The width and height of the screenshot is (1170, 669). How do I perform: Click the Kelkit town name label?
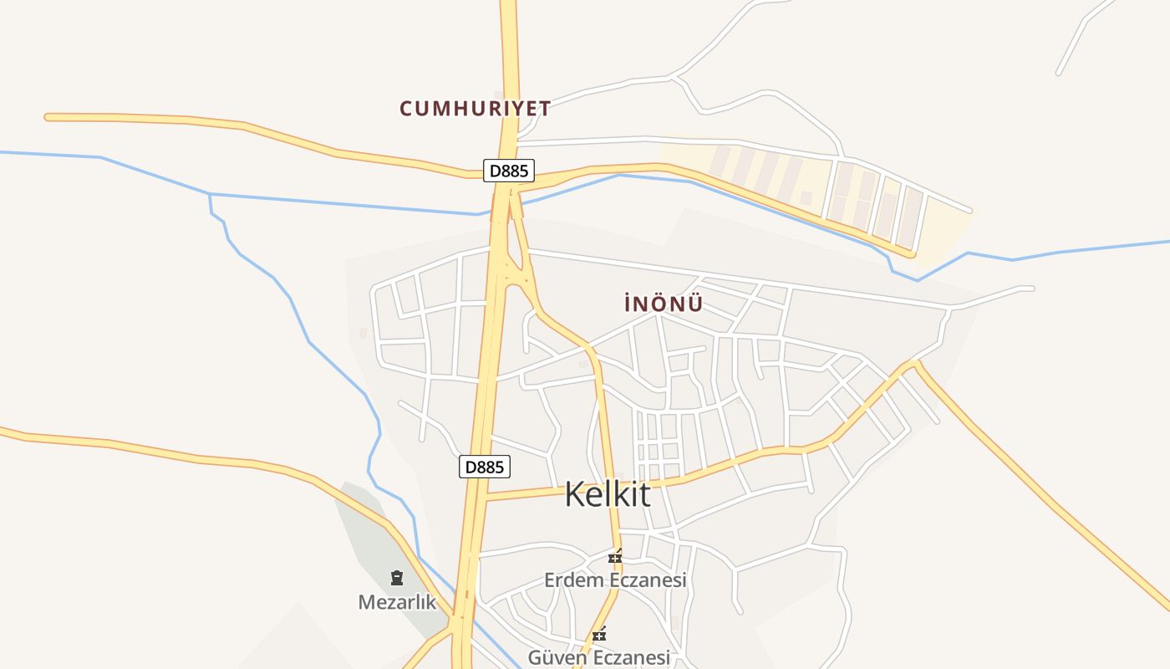point(608,494)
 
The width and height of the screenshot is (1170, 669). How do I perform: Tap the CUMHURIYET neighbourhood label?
point(475,109)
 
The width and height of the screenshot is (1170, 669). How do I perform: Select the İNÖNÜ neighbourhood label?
point(664,304)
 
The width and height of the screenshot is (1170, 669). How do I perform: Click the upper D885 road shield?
point(509,171)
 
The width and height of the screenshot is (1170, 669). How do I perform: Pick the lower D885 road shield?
point(485,467)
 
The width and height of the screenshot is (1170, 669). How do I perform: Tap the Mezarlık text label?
point(397,602)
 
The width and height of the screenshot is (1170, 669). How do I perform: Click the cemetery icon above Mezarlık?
point(397,577)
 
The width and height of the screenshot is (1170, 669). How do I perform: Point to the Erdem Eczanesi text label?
point(615,580)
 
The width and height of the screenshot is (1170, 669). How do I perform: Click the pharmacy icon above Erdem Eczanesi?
point(616,556)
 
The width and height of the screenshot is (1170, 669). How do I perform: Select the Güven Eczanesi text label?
point(598,658)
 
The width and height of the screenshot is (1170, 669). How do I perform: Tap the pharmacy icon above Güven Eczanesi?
point(599,635)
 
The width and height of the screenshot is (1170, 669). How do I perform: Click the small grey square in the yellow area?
point(806,198)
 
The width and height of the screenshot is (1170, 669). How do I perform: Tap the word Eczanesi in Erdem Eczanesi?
point(646,580)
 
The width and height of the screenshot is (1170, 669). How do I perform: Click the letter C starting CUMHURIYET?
point(406,109)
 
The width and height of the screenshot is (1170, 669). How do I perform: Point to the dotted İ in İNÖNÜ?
point(628,304)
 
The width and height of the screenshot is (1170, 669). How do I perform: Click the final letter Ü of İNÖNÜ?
point(695,304)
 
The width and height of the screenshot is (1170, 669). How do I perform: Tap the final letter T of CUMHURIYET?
point(544,109)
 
